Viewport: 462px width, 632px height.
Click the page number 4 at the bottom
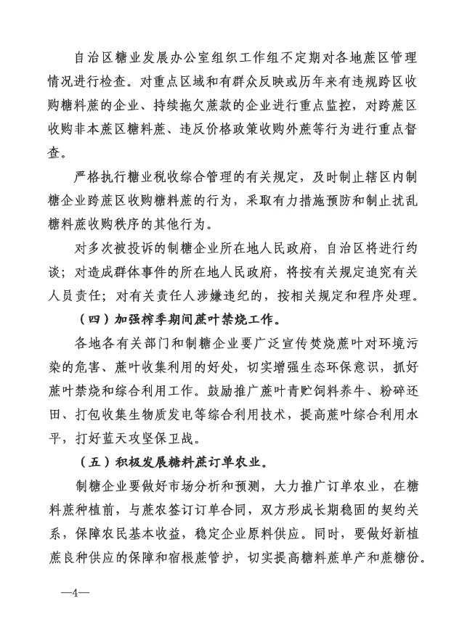[x=74, y=593]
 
